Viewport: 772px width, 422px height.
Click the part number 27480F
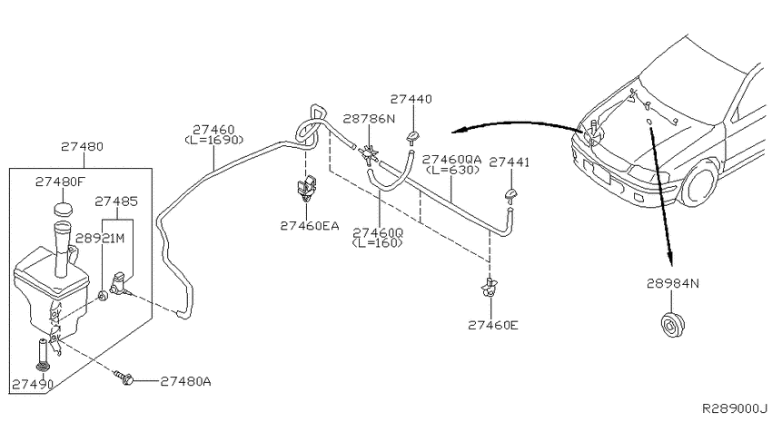coord(60,182)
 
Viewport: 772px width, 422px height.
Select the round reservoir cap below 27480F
coord(63,209)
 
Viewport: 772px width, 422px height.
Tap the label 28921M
coord(100,239)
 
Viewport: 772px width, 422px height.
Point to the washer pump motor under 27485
coord(120,283)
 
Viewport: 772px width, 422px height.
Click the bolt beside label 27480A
coord(124,378)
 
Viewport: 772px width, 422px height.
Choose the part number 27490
coord(33,384)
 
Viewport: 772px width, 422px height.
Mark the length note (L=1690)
coord(214,140)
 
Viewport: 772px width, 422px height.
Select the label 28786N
coord(370,119)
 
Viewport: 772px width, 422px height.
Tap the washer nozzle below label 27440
coord(412,138)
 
